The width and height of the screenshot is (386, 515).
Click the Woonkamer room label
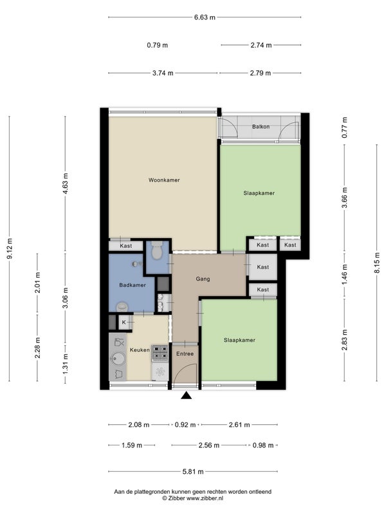coord(164,180)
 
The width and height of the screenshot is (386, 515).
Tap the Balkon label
coord(261,126)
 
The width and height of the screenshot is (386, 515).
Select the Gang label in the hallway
coord(203,279)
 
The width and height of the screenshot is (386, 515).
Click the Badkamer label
coord(133,285)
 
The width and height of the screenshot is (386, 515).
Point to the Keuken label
coord(140,350)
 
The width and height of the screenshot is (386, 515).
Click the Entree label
coord(185,353)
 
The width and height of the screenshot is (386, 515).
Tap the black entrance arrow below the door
coord(187,395)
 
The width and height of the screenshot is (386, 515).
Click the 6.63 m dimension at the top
coord(205,17)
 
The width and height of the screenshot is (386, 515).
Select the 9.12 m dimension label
coord(10,248)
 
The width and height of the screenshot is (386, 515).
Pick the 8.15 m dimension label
coord(377,263)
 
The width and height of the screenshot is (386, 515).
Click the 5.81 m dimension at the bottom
coord(193,472)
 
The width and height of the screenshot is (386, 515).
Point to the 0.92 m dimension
coord(185,425)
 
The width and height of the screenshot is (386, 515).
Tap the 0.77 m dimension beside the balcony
coord(344,127)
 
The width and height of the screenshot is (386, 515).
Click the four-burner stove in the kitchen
coord(160,353)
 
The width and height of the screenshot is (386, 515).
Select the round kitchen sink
coord(118,359)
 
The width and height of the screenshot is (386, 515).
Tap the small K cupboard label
coord(124,323)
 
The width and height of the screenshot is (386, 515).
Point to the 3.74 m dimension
coord(163,73)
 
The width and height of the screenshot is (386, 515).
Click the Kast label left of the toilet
coord(125,246)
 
